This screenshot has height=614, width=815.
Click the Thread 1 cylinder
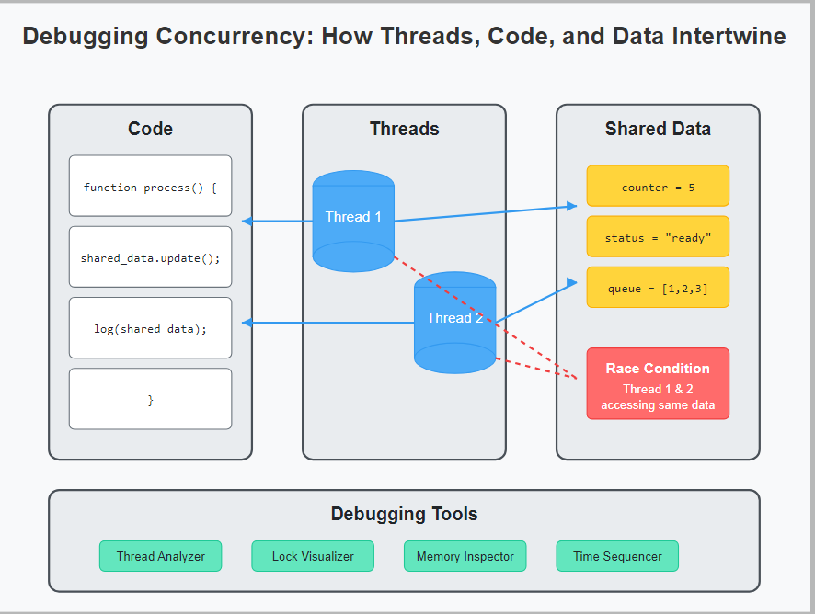(x=353, y=221)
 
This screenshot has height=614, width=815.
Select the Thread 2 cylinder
(x=454, y=322)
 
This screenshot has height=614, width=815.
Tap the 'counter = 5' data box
(x=658, y=187)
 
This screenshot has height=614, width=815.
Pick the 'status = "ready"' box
(x=658, y=237)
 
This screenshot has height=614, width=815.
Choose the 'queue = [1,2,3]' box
(x=658, y=288)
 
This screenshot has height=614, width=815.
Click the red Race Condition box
(x=658, y=383)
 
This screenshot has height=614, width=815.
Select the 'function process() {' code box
(x=150, y=187)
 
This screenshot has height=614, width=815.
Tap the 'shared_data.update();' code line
(x=150, y=257)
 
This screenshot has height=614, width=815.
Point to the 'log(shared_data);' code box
(x=150, y=328)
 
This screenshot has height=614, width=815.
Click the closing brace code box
(x=150, y=399)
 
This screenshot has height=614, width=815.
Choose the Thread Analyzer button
(x=160, y=556)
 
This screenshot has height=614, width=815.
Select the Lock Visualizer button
(x=313, y=556)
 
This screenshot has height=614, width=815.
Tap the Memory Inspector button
(x=465, y=556)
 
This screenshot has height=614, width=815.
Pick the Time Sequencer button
(x=617, y=556)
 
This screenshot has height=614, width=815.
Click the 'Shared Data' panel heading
(x=658, y=129)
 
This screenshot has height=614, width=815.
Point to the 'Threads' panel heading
(x=404, y=129)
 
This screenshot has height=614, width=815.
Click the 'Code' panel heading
(x=150, y=129)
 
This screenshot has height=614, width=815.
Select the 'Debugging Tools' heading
(x=404, y=514)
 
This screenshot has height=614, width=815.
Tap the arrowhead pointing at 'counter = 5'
(x=572, y=206)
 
